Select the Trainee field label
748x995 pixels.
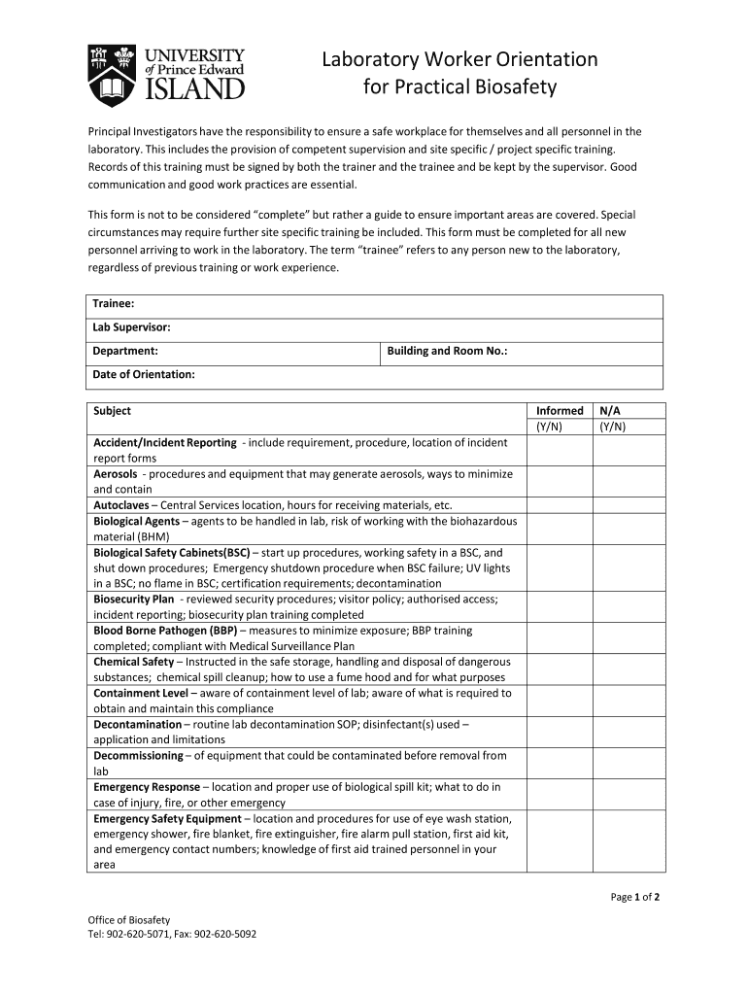pyautogui.click(x=113, y=304)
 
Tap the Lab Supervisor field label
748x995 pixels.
pyautogui.click(x=131, y=327)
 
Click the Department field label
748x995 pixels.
pyautogui.click(x=125, y=351)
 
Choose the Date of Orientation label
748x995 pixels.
pyautogui.click(x=144, y=374)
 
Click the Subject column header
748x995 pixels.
pyautogui.click(x=112, y=411)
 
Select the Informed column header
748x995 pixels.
pyautogui.click(x=560, y=411)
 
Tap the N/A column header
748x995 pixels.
pyautogui.click(x=611, y=411)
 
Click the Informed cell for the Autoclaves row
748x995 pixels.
pyautogui.click(x=560, y=505)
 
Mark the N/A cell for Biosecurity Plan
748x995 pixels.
pyautogui.click(x=629, y=607)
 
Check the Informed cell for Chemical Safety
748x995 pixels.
pyautogui.click(x=560, y=669)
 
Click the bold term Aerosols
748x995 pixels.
pyautogui.click(x=116, y=474)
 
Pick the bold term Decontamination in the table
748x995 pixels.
pyautogui.click(x=137, y=725)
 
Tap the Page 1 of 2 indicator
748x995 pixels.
pyautogui.click(x=635, y=897)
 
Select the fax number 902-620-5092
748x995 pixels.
pyautogui.click(x=225, y=935)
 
